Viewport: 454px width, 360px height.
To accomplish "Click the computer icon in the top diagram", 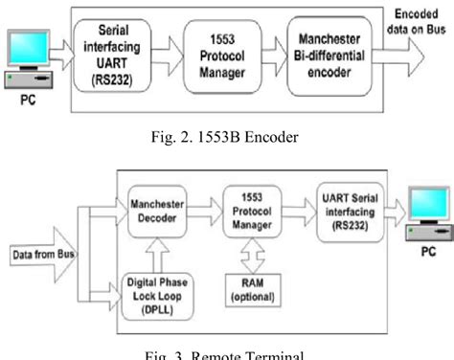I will [x=27, y=62].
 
